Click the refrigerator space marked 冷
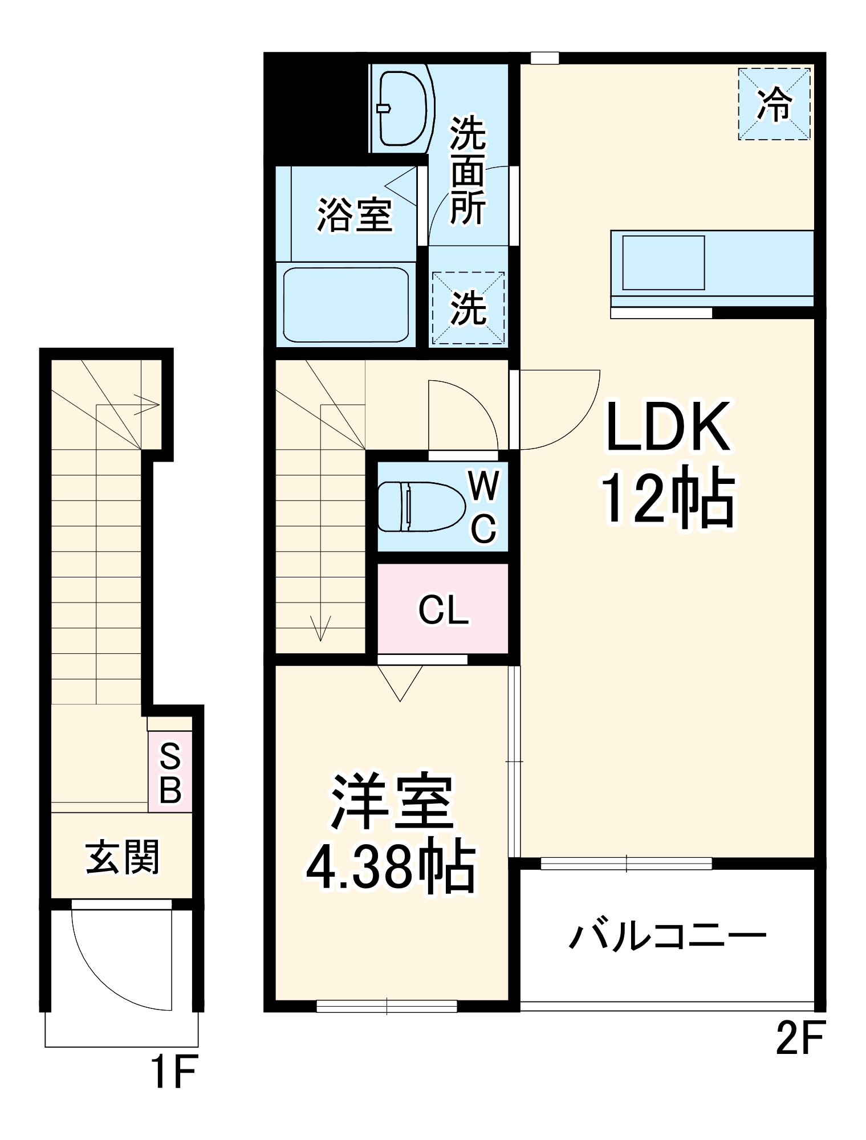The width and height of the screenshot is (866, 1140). coord(774,104)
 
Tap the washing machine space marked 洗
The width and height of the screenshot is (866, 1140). coord(468,308)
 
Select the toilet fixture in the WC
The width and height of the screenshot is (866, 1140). coord(421,506)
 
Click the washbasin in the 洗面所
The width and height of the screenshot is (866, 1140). coord(402,108)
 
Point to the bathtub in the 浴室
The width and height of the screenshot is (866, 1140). coord(346,305)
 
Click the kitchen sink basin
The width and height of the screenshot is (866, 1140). coord(663,263)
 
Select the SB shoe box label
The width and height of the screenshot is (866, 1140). coord(170,773)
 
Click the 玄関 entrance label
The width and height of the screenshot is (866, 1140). coord(122,857)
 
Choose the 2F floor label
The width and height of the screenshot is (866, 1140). coord(799,1039)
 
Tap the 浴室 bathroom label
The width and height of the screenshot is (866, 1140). coord(355,215)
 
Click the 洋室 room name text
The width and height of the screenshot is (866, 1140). coord(392,803)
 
